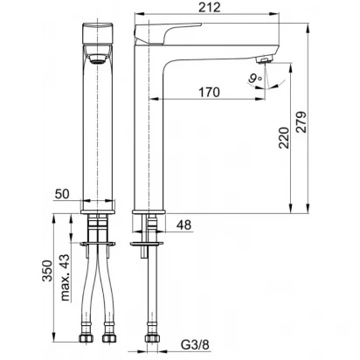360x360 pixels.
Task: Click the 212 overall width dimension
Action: pyautogui.click(x=210, y=7)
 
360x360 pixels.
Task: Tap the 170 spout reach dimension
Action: pyautogui.click(x=209, y=93)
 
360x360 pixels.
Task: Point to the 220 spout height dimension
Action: pyautogui.click(x=284, y=138)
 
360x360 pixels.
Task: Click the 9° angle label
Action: pyautogui.click(x=255, y=79)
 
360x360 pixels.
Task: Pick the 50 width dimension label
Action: pyautogui.click(x=62, y=194)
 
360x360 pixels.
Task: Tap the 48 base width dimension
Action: pyautogui.click(x=184, y=225)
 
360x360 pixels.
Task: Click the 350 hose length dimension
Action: pyautogui.click(x=47, y=271)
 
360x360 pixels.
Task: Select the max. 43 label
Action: pyautogui.click(x=66, y=278)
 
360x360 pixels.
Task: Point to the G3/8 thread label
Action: pyautogui.click(x=195, y=345)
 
